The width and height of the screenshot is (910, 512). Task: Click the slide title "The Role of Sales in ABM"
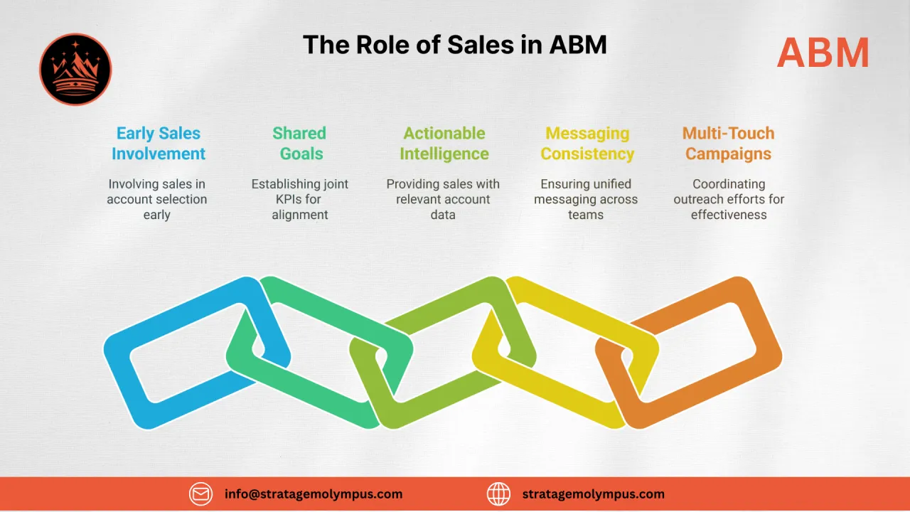455,45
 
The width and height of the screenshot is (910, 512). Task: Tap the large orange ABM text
823,53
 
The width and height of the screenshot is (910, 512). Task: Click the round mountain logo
75,69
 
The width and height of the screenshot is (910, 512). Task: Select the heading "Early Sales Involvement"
159,143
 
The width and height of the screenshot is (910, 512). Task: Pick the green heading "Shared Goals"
300,143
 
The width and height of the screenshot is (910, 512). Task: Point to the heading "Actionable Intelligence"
444,143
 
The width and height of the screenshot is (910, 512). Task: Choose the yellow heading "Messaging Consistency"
587,143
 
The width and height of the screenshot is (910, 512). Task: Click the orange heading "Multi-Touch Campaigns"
728,143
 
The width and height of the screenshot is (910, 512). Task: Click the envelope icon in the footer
200,494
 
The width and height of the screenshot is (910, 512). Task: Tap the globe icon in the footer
498,494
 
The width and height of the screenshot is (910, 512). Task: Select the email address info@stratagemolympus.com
314,494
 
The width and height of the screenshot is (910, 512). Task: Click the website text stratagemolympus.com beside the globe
593,494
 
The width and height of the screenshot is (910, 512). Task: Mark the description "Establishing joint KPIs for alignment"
300,199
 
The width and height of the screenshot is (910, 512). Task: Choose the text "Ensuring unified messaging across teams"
586,199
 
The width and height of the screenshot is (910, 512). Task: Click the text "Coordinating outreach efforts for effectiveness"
729,199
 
